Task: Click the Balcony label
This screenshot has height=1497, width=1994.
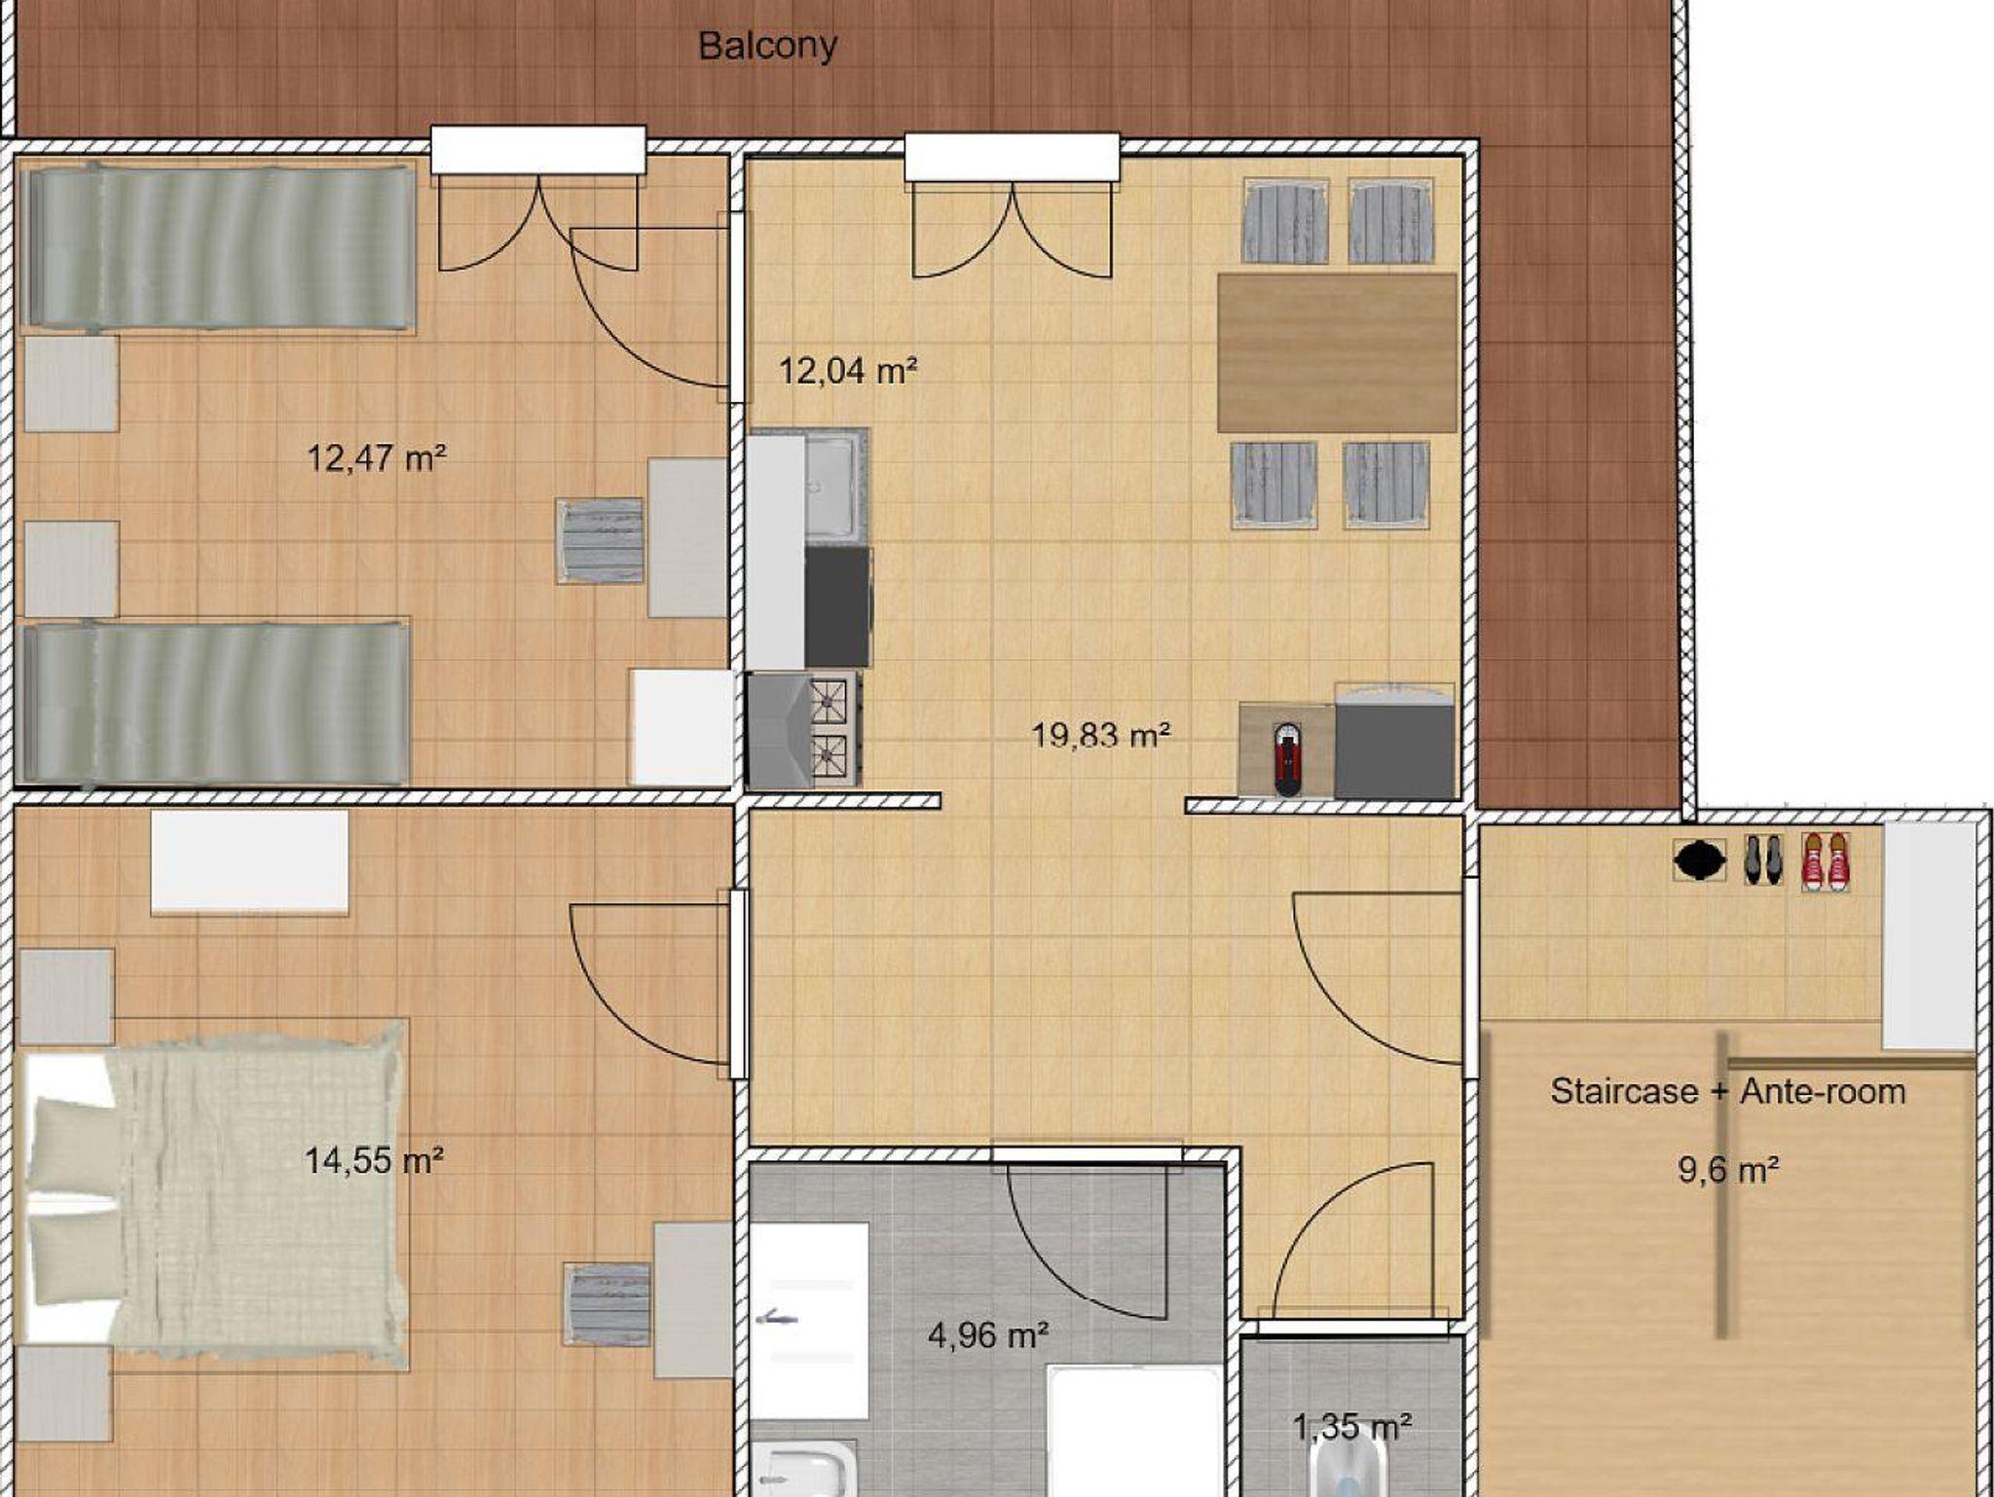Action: click(x=767, y=46)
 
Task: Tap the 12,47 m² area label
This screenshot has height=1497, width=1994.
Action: click(x=377, y=456)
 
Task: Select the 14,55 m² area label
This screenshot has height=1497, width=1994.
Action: click(x=374, y=1159)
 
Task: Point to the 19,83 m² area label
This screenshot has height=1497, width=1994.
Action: click(x=1101, y=735)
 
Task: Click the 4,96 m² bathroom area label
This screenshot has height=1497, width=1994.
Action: click(x=988, y=1335)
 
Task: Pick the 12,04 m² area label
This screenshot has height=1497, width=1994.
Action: click(x=848, y=370)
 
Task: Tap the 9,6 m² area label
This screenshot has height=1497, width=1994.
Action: click(x=1728, y=1168)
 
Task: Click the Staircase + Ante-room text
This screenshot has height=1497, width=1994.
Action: click(x=1727, y=1091)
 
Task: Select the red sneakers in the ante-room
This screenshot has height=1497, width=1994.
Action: click(x=1826, y=860)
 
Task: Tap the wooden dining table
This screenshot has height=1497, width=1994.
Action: click(x=1337, y=352)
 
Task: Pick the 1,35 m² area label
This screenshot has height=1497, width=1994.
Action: click(x=1352, y=1427)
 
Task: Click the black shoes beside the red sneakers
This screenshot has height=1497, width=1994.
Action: click(x=1763, y=860)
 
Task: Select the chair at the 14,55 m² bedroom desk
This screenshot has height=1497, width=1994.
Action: click(x=608, y=1304)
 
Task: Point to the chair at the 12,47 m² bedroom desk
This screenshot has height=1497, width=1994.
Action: click(x=601, y=541)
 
